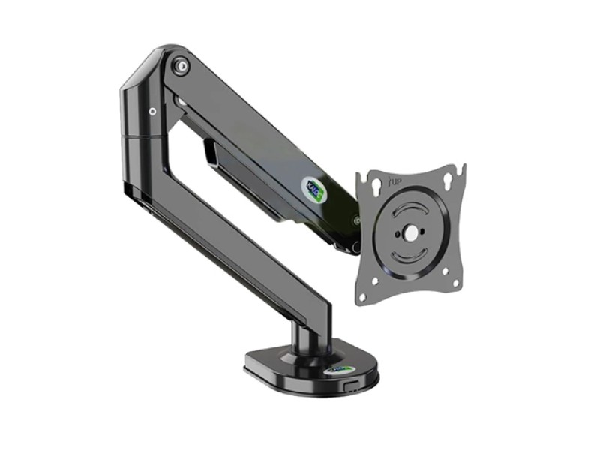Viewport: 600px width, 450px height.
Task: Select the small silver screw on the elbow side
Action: coord(152,112)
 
